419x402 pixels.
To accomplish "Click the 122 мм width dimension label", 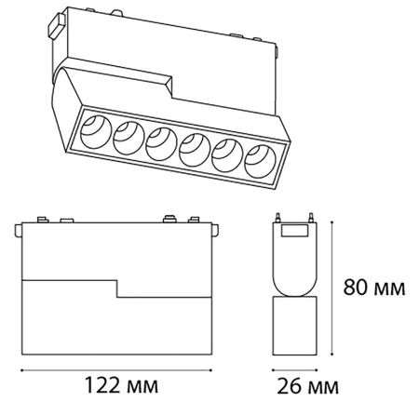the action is (121, 385).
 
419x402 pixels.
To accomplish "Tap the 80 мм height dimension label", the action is (374, 288).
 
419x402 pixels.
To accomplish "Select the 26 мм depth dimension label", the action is (307, 386).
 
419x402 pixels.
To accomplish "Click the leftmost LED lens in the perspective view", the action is (96, 132).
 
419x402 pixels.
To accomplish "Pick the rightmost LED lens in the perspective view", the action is (260, 161).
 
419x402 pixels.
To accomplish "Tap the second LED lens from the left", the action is (128, 138).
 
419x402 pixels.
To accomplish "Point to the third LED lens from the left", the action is (161, 143).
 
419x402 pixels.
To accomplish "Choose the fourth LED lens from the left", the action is (195, 150).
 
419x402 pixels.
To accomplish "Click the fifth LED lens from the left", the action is (227, 155).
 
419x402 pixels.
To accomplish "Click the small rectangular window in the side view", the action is (295, 231).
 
